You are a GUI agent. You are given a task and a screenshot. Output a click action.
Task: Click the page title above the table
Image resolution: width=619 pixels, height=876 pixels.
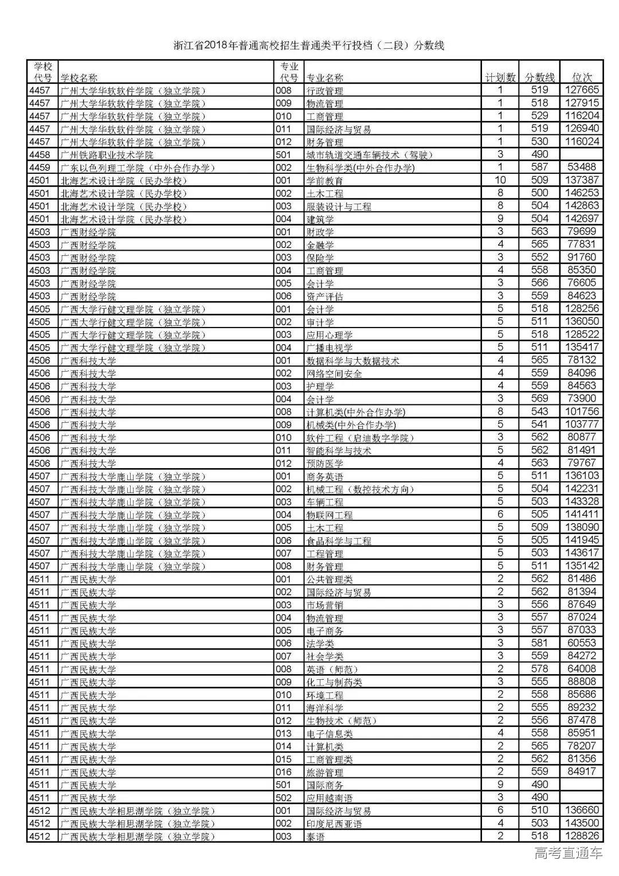pyautogui.click(x=309, y=46)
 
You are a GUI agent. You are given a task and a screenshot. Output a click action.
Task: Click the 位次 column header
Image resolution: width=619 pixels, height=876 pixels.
pyautogui.click(x=582, y=77)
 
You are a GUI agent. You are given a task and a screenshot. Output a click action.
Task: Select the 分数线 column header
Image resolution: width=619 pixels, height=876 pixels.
pyautogui.click(x=540, y=77)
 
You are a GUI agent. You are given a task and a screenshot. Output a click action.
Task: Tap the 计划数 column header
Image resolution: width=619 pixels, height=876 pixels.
pyautogui.click(x=500, y=77)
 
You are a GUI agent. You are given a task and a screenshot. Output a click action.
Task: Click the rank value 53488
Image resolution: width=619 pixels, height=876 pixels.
pyautogui.click(x=582, y=167)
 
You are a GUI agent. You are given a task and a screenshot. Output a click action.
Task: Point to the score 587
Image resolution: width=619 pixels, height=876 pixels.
pyautogui.click(x=539, y=167)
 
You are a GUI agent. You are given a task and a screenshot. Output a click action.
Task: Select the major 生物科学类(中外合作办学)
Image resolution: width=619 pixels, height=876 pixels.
pyautogui.click(x=361, y=168)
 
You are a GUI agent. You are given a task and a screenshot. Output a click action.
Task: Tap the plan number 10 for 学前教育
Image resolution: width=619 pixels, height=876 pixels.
pyautogui.click(x=500, y=180)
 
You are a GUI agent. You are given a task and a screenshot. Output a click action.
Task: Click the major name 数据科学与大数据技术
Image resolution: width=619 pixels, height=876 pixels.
pyautogui.click(x=353, y=361)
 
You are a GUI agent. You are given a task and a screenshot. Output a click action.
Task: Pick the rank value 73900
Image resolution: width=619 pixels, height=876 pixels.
pyautogui.click(x=582, y=399)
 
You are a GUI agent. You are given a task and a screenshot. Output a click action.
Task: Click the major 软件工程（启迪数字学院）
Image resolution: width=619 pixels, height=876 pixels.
pyautogui.click(x=360, y=438)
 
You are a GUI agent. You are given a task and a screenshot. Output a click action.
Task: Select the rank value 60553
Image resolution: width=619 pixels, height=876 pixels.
pyautogui.click(x=582, y=643)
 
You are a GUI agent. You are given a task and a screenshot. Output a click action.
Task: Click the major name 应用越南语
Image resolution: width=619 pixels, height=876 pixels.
pyautogui.click(x=330, y=798)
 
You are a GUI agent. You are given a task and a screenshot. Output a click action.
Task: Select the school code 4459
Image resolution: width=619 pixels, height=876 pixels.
pyautogui.click(x=40, y=168)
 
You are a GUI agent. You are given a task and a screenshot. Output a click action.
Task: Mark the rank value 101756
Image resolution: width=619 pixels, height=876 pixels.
pyautogui.click(x=582, y=412)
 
